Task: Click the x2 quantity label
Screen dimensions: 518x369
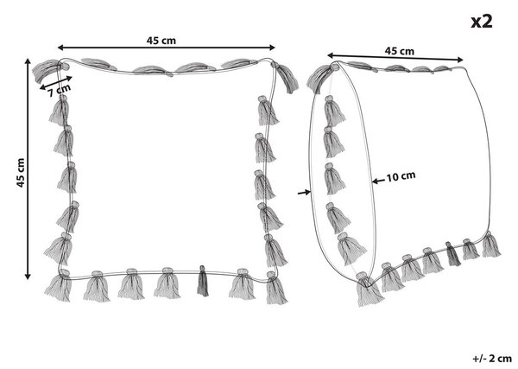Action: tap(482, 22)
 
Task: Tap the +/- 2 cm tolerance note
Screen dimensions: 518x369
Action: tap(492, 358)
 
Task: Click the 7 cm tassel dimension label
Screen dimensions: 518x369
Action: tap(60, 91)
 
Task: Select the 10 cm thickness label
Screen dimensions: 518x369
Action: tap(401, 176)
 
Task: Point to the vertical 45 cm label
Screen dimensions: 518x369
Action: tap(21, 173)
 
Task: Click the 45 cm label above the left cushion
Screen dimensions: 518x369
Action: tap(161, 41)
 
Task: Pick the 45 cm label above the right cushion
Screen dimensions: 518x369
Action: tap(399, 51)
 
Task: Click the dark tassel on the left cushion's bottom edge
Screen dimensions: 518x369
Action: tap(203, 281)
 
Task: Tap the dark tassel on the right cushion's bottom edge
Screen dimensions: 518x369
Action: tap(453, 254)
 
